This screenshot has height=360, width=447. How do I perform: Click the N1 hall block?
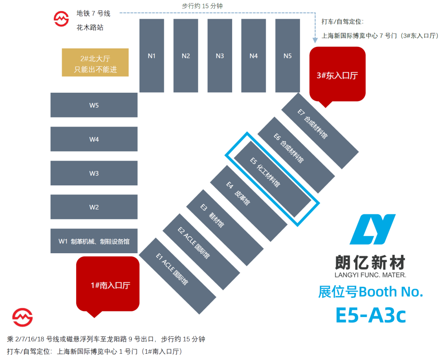[x=151, y=55]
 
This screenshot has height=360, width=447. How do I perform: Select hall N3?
[x=220, y=55]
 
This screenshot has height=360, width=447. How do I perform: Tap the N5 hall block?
[x=288, y=55]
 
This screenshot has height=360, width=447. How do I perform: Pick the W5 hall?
[x=94, y=105]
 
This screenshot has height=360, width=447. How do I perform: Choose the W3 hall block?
[x=94, y=173]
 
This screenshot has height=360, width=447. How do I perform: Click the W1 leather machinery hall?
[x=94, y=241]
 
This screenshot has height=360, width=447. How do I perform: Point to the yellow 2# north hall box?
[x=95, y=62]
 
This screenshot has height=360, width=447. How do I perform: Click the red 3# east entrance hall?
[x=338, y=74]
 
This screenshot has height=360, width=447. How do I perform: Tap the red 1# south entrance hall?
[x=108, y=285]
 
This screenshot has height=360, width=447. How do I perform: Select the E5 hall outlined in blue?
[x=272, y=179]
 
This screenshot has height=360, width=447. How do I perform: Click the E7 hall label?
[x=313, y=124]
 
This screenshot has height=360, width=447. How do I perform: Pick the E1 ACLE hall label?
[x=172, y=269]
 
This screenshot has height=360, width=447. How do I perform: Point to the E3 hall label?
[x=212, y=216]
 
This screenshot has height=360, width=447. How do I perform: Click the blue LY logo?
[x=372, y=229]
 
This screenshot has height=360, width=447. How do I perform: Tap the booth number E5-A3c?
[x=370, y=315]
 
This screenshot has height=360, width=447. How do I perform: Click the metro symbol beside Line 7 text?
[x=61, y=19]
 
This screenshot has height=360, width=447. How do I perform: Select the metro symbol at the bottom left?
[x=22, y=317]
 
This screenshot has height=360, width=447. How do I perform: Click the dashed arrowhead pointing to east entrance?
[x=315, y=40]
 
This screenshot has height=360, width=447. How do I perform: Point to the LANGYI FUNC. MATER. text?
[x=370, y=275]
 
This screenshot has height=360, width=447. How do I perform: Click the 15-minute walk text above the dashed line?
[x=202, y=6]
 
